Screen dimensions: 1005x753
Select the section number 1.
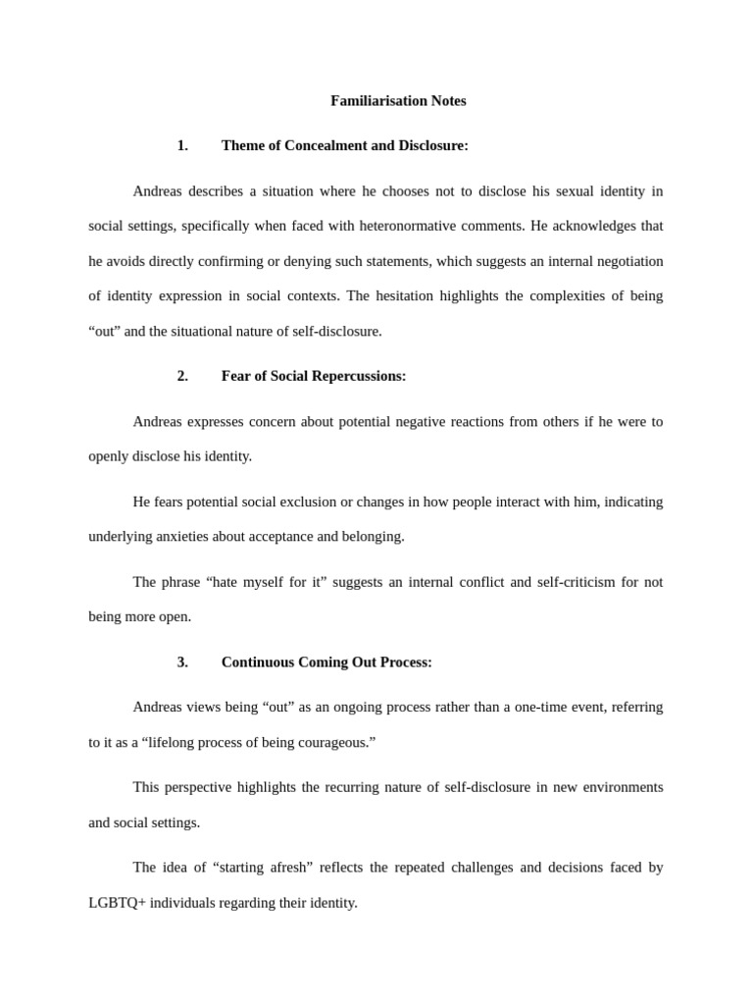coord(182,146)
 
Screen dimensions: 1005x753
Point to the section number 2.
coord(182,376)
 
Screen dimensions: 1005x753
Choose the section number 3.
coord(182,662)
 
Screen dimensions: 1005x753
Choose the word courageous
coord(334,742)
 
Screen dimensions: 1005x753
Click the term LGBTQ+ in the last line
coord(117,903)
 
